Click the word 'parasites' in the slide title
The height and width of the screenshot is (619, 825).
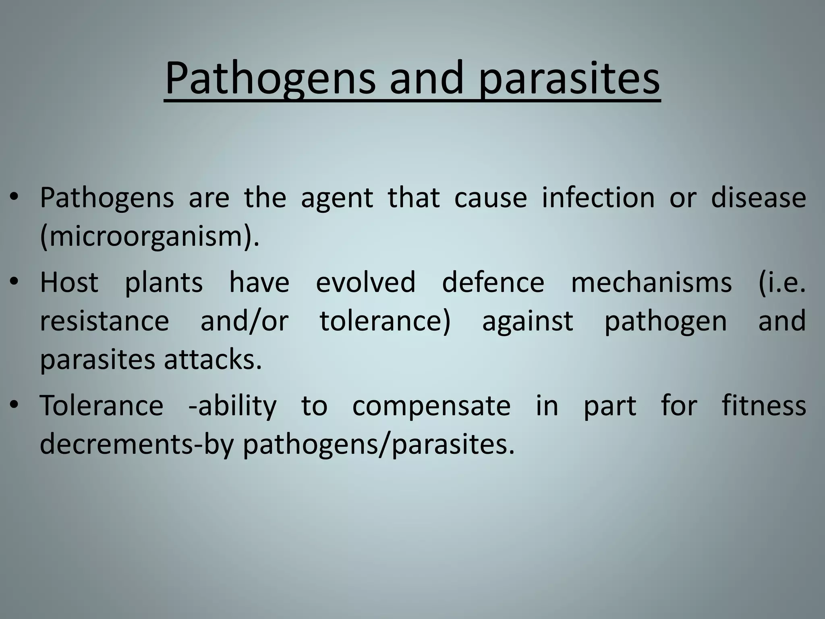pos(569,79)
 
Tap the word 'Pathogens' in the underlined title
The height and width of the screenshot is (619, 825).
pos(269,79)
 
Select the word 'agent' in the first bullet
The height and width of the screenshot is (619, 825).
pos(337,198)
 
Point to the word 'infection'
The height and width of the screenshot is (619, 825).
pos(598,197)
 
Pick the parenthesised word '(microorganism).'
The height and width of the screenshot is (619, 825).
pos(149,237)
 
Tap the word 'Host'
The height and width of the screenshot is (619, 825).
pos(69,282)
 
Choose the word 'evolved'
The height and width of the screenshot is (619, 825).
pos(365,282)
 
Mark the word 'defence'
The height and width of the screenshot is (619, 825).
pos(493,282)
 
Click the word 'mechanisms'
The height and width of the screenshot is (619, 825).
pos(651,282)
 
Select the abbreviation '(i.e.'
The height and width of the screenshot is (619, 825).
pos(782,282)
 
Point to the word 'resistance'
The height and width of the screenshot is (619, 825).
pos(104,321)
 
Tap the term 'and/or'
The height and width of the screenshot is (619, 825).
pos(245,321)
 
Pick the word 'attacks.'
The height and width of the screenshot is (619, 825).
pos(213,359)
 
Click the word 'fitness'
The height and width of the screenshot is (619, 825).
pos(764,405)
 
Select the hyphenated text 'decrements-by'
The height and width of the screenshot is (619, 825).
pos(137,444)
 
